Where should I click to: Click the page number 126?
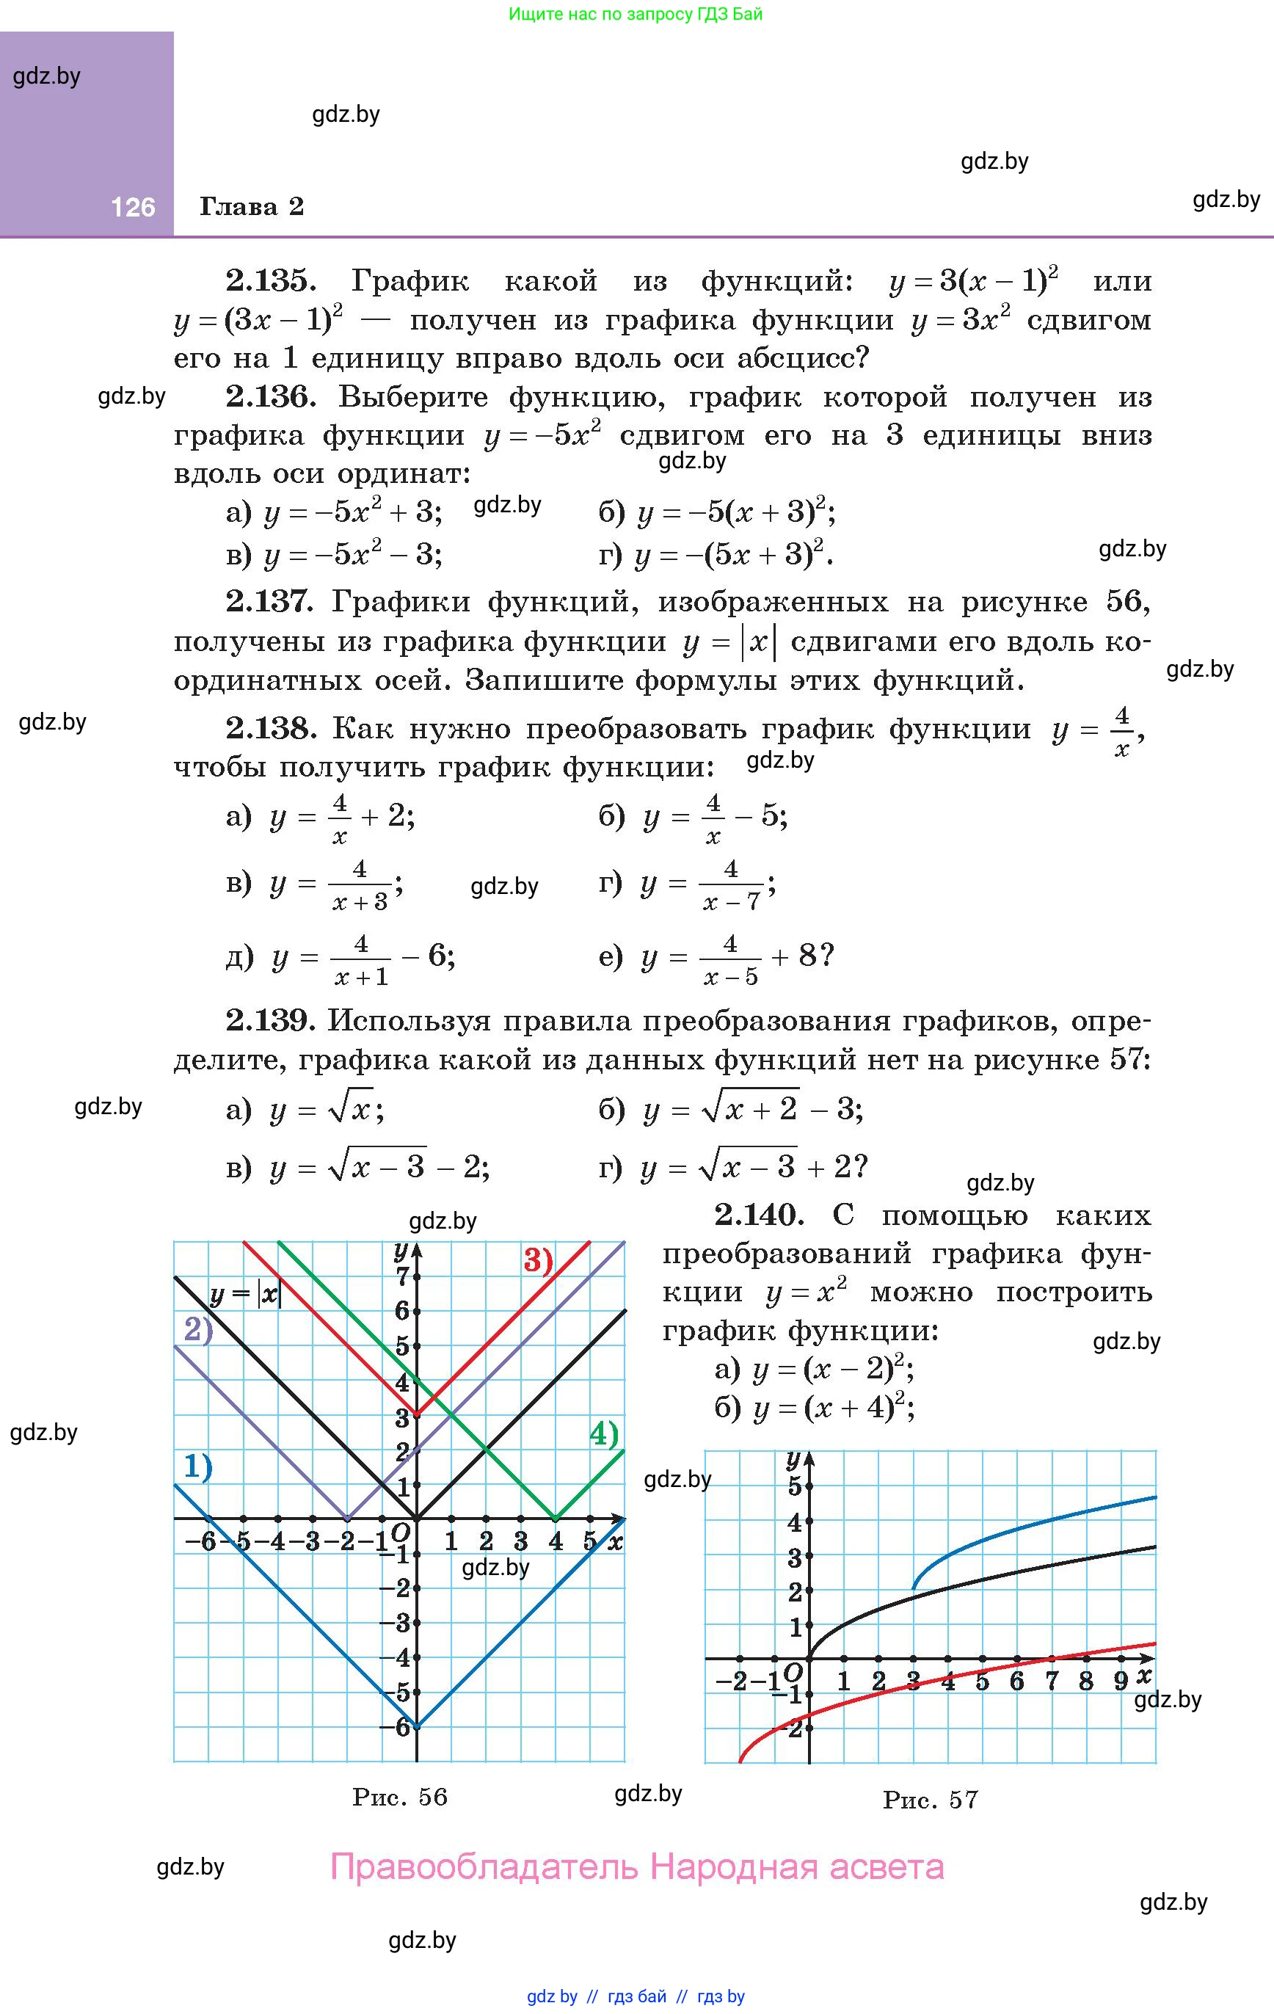[x=133, y=206]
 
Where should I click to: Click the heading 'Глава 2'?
[x=251, y=206]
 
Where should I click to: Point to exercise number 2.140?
[x=759, y=1215]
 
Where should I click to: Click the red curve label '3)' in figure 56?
[x=539, y=1259]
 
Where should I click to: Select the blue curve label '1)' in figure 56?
[x=197, y=1466]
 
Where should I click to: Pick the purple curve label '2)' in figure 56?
[x=198, y=1330]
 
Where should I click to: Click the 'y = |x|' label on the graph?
[x=246, y=1295]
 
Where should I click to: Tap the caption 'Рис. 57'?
[x=931, y=1799]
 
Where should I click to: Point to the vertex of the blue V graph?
[x=417, y=1726]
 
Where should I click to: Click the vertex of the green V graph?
[x=556, y=1517]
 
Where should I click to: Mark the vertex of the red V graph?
[x=417, y=1414]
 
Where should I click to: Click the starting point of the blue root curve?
[x=914, y=1588]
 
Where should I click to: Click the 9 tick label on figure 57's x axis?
[x=1121, y=1681]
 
